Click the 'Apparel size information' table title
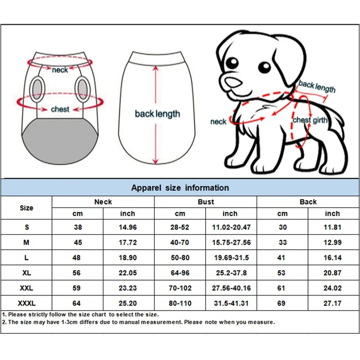(180, 188)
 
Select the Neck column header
(103, 202)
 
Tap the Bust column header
(206, 202)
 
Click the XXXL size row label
(27, 303)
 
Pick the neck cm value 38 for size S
(78, 227)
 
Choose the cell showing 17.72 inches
(128, 243)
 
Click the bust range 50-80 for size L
(180, 258)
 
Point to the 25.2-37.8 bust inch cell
(230, 273)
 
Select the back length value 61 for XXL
(282, 288)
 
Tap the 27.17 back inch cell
(333, 303)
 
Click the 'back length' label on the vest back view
(157, 114)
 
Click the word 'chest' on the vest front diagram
(60, 109)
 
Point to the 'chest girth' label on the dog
(308, 120)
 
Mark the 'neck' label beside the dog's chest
(218, 121)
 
